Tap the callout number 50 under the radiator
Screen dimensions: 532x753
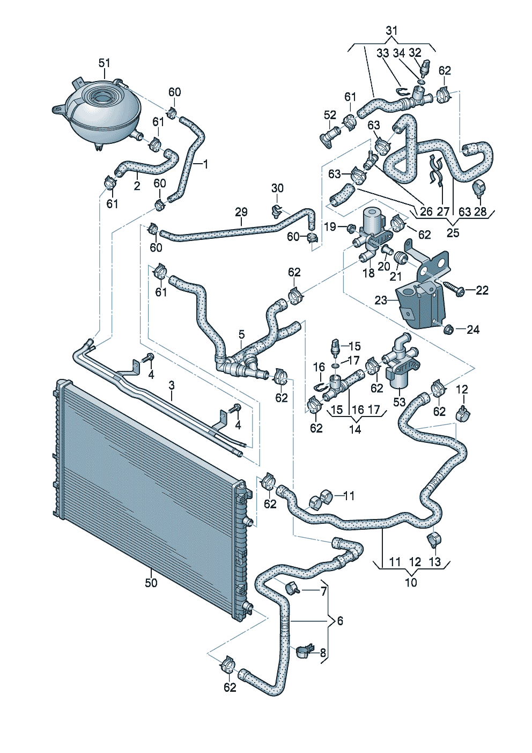(x=151, y=582)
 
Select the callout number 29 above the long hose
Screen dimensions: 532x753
(x=241, y=212)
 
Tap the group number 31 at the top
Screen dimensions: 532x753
(x=391, y=31)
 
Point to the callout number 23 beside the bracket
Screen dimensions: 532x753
(x=381, y=300)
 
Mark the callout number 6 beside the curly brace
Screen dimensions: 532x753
(x=340, y=620)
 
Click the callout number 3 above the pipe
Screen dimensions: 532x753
(x=171, y=385)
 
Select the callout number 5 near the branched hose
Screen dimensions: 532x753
(x=242, y=334)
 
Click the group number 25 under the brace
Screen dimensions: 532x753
(x=453, y=232)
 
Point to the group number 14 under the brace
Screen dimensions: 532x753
(x=355, y=429)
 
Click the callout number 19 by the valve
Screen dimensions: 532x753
(x=330, y=226)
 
